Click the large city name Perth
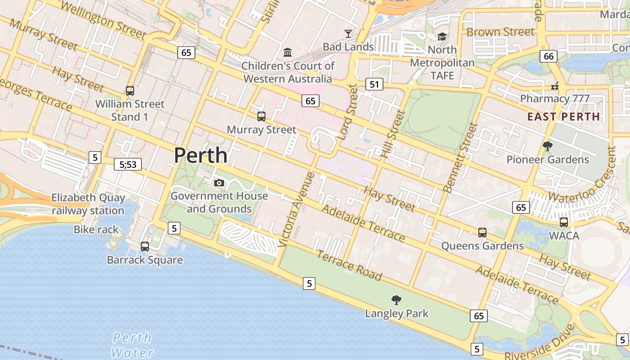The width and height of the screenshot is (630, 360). tap(201, 155)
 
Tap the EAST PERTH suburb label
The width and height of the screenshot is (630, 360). tap(563, 117)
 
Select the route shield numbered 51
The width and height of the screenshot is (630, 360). tap(374, 84)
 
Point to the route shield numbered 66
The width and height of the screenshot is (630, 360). tap(549, 56)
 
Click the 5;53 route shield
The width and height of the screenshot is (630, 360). tap(128, 165)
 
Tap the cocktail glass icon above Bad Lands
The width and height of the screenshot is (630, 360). tap(348, 33)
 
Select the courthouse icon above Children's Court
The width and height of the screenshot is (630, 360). tap(288, 53)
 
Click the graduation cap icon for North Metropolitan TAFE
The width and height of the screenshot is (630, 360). tap(442, 37)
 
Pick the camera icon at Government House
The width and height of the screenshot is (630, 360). tap(219, 183)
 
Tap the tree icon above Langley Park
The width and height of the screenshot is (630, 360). tap(396, 300)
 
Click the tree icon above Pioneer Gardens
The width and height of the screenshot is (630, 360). tap(548, 146)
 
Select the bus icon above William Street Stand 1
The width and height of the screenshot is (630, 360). tap(130, 91)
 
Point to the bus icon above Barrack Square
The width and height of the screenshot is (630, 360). tap(145, 247)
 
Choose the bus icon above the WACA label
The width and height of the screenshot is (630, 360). tap(564, 222)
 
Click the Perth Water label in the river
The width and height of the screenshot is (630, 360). tap(132, 345)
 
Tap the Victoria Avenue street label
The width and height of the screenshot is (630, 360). tap(296, 209)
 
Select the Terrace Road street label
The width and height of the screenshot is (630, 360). tap(349, 265)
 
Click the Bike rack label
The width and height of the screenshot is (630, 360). tap(96, 230)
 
